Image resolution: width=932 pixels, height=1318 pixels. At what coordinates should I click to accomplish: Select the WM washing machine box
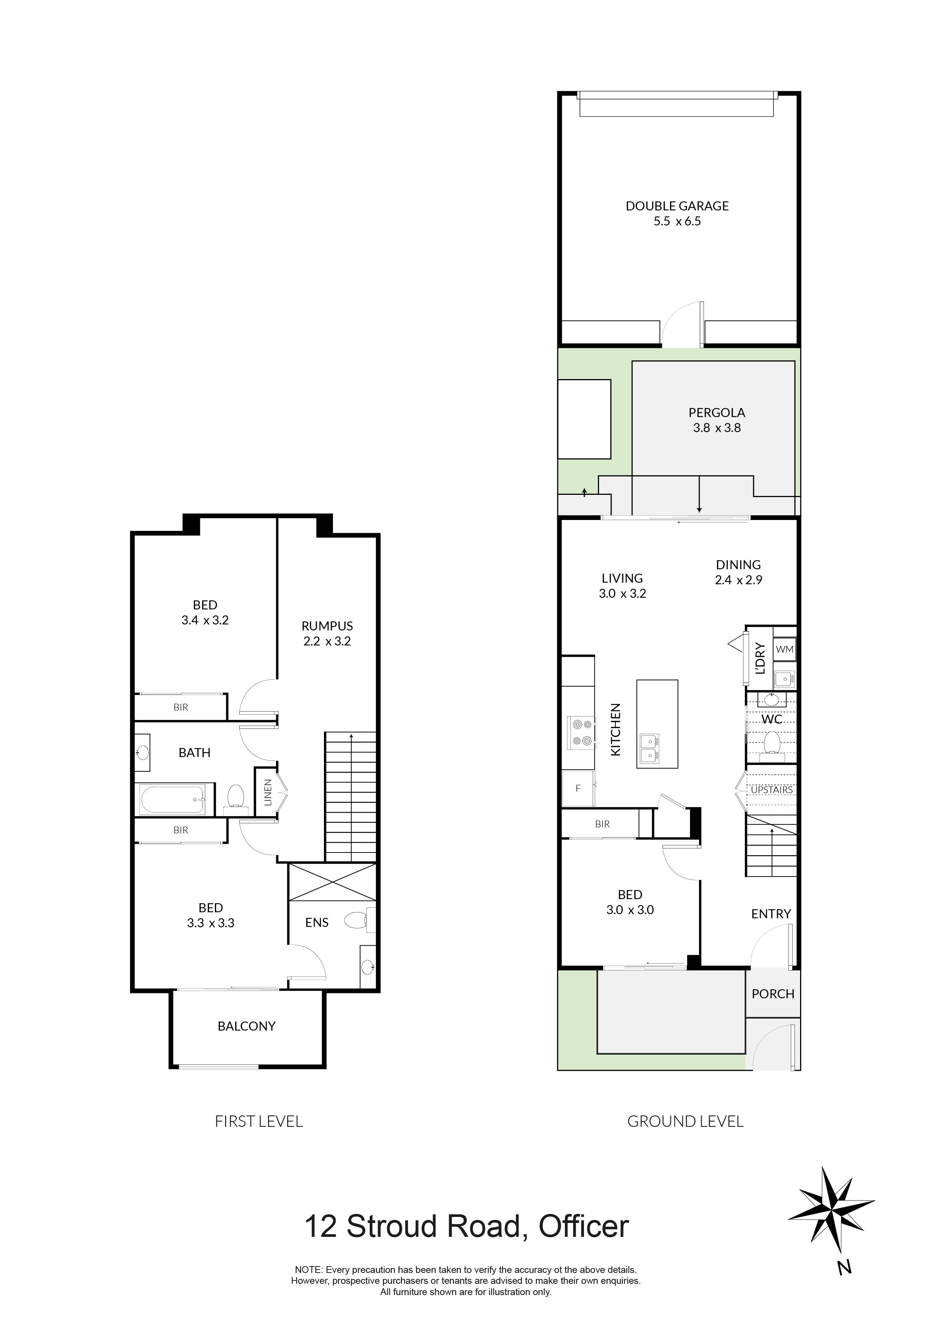(x=784, y=649)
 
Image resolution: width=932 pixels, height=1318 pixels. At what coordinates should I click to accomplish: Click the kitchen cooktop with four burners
(x=579, y=733)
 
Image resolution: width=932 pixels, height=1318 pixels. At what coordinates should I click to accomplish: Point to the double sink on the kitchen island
(x=649, y=748)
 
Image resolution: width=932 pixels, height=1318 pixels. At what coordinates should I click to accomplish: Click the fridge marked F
(x=578, y=789)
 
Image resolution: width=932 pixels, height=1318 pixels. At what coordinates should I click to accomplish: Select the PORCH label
(x=773, y=994)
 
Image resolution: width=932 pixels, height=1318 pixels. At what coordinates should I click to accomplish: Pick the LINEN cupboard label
(x=268, y=792)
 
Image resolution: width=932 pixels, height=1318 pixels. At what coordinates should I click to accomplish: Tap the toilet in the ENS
(x=357, y=921)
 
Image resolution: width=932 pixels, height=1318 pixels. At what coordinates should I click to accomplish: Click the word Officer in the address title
(x=583, y=1227)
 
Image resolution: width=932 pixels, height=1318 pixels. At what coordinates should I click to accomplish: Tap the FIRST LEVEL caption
(x=259, y=1122)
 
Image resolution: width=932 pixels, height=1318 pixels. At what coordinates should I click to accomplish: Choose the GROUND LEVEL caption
(x=685, y=1122)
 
